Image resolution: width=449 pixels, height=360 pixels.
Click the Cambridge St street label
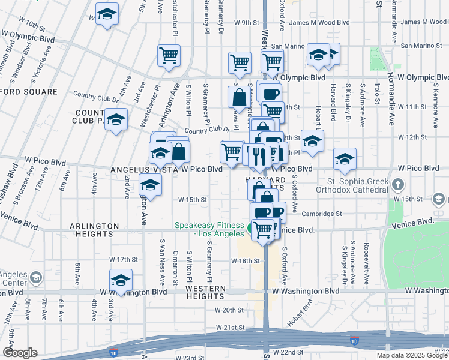pyautogui.click(x=322, y=214)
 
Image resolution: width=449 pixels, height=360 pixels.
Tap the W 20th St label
pyautogui.click(x=229, y=310)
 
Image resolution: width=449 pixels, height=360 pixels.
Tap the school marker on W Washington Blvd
pyautogui.click(x=121, y=280)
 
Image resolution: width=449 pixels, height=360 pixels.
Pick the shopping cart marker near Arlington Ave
pyautogui.click(x=169, y=56)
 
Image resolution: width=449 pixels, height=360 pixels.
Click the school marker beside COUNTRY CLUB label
pyautogui.click(x=116, y=118)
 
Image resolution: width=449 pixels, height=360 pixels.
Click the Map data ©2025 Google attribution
pyautogui.click(x=412, y=355)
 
